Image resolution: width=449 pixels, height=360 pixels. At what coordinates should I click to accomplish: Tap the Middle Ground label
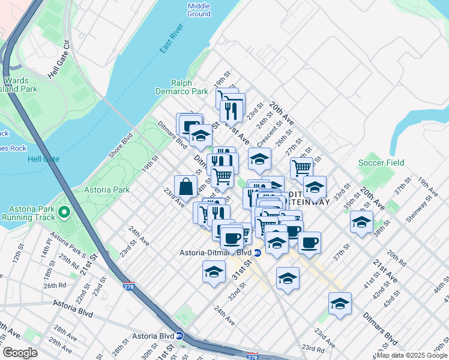coord(199,10)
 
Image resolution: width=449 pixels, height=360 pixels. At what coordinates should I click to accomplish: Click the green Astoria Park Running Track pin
coord(65,212)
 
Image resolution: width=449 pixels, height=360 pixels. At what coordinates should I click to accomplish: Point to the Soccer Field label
coord(381,163)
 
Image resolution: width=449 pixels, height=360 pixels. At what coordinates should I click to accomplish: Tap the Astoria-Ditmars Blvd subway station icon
coord(257,253)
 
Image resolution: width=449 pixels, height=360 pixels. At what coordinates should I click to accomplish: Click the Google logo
coord(20,353)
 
